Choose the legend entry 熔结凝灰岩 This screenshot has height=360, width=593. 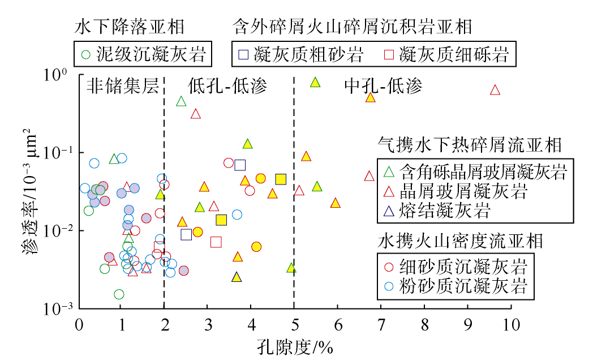(445, 212)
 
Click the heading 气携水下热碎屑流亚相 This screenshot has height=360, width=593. (469, 145)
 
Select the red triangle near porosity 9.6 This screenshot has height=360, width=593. (495, 90)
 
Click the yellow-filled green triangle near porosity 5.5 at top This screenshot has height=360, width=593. (315, 83)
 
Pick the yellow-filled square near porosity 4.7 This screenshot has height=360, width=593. (281, 179)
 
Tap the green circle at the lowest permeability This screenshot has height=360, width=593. (119, 294)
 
